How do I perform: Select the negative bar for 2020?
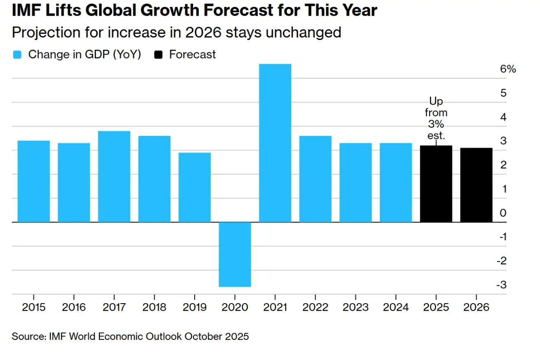pos(235,254)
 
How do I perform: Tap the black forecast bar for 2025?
pos(436,184)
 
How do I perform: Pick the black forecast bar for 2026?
pos(476,185)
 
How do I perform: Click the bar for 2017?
pos(114,176)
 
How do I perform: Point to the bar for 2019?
pos(195,187)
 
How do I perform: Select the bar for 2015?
pos(34,181)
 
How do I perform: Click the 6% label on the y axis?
pos(508,69)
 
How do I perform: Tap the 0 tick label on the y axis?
pos(503,213)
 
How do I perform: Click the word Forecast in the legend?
pos(192,54)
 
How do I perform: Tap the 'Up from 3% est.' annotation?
pos(436,118)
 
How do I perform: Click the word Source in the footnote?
pos(29,336)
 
